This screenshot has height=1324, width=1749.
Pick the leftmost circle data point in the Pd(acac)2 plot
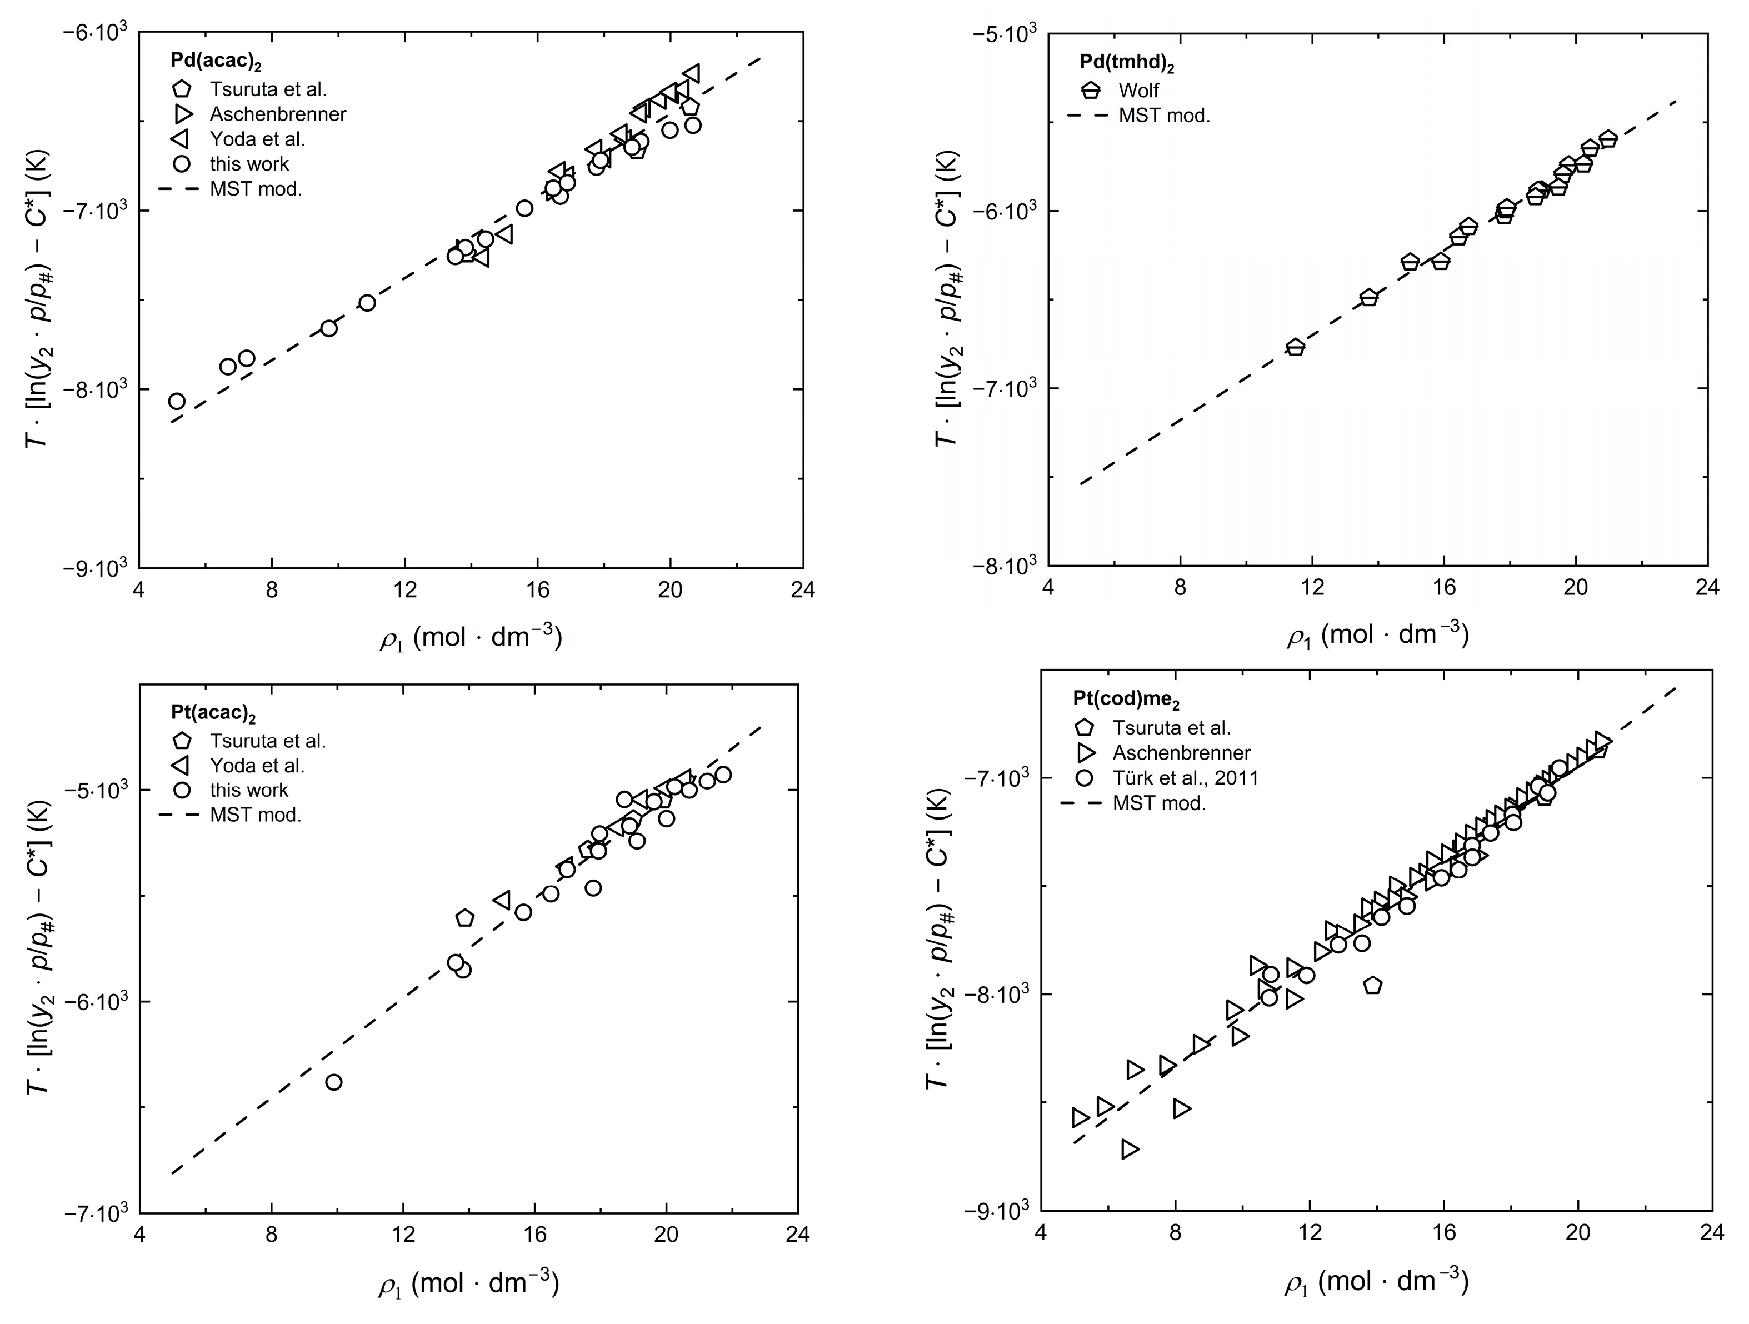tap(177, 401)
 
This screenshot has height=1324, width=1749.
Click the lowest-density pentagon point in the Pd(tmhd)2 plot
tap(1295, 347)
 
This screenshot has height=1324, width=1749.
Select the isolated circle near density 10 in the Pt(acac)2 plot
tap(334, 1082)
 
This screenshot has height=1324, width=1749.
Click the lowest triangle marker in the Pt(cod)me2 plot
tap(1130, 1149)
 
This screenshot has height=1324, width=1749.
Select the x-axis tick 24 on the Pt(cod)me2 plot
tap(1712, 1233)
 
